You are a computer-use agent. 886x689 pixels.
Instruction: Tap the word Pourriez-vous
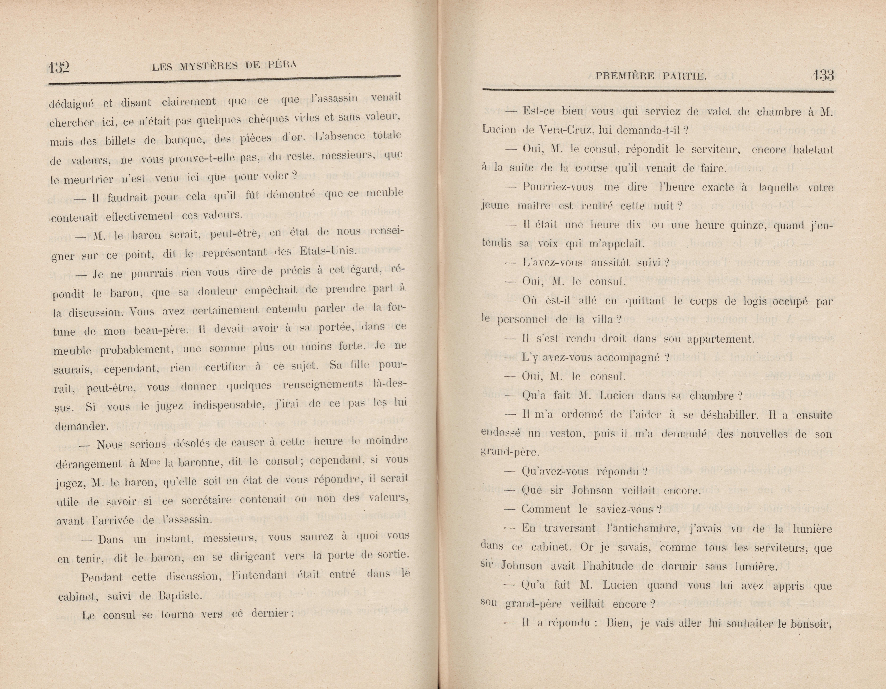pos(558,187)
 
